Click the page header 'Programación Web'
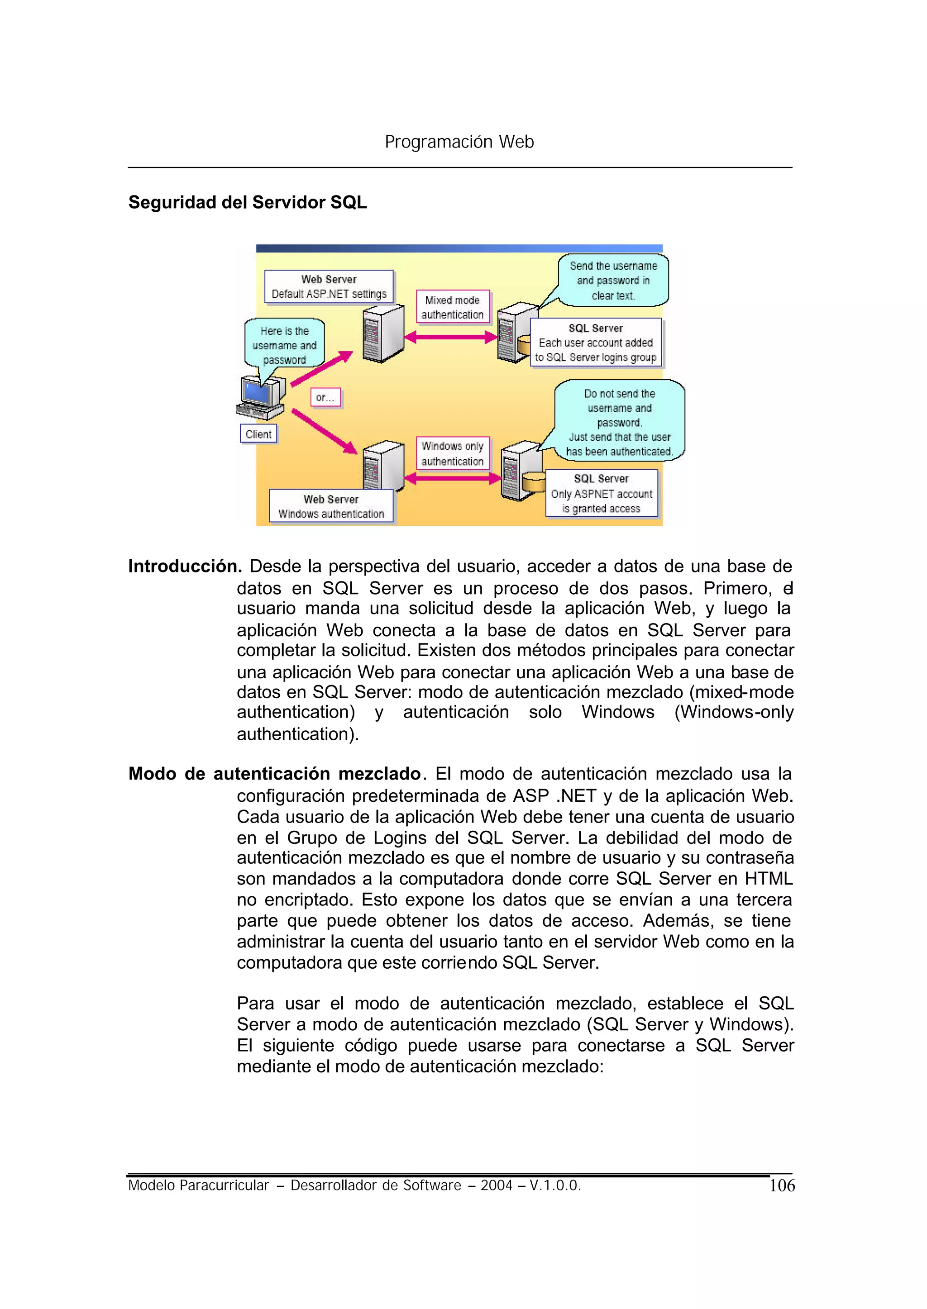[459, 142]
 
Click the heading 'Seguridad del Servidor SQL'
[247, 203]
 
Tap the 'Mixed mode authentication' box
[452, 307]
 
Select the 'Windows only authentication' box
[452, 454]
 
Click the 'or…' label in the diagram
[325, 397]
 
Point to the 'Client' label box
[258, 434]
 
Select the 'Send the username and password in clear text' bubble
[613, 280]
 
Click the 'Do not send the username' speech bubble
[619, 422]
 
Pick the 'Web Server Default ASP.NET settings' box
[329, 286]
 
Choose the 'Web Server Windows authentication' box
[331, 506]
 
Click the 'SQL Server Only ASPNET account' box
[601, 493]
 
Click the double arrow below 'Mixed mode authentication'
[451, 337]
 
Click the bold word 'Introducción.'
[185, 566]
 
